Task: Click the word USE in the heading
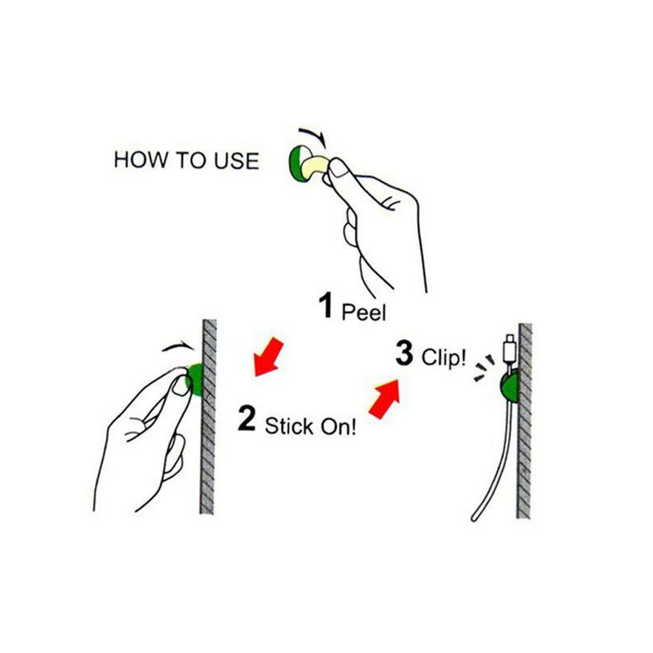(237, 161)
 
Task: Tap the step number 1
(326, 305)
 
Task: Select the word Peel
(363, 313)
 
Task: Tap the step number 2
(247, 419)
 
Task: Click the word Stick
(289, 425)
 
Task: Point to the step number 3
(404, 353)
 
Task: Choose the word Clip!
(443, 358)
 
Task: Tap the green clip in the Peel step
(298, 164)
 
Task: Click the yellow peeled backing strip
(315, 167)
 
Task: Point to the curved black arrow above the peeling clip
(313, 134)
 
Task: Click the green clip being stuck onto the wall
(196, 380)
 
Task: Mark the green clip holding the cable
(509, 385)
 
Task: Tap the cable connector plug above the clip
(509, 349)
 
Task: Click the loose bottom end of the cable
(474, 518)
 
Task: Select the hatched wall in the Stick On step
(209, 416)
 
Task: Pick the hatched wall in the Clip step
(525, 420)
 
